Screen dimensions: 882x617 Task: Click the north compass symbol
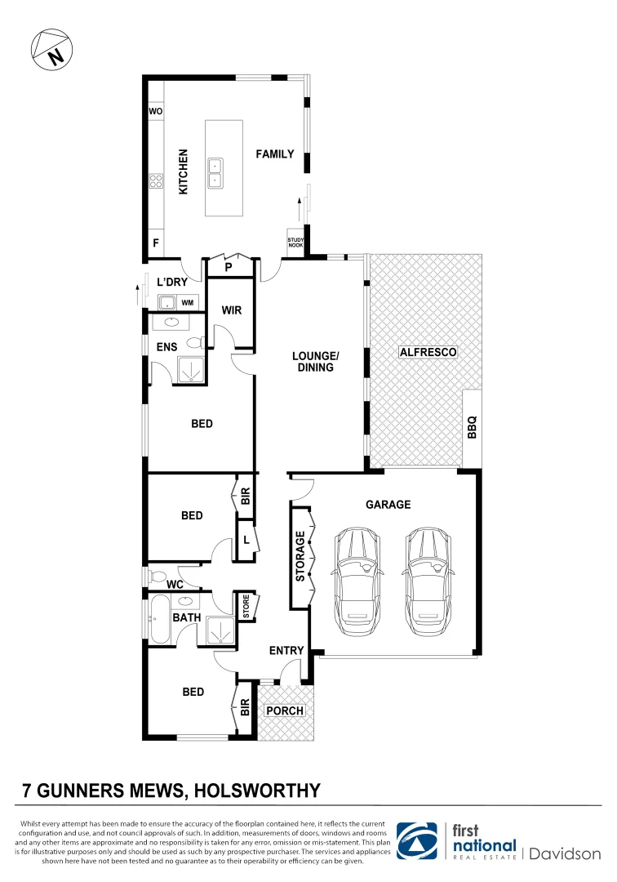[51, 51]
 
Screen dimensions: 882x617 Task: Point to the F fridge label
[155, 243]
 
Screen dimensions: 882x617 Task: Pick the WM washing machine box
[188, 303]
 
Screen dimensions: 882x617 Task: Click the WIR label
[232, 311]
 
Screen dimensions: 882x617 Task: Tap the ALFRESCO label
[428, 353]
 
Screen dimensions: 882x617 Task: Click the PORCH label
[286, 710]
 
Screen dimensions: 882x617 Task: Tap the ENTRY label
[286, 651]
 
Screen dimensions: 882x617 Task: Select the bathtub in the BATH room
[158, 620]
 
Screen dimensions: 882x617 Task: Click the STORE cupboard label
[246, 608]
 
